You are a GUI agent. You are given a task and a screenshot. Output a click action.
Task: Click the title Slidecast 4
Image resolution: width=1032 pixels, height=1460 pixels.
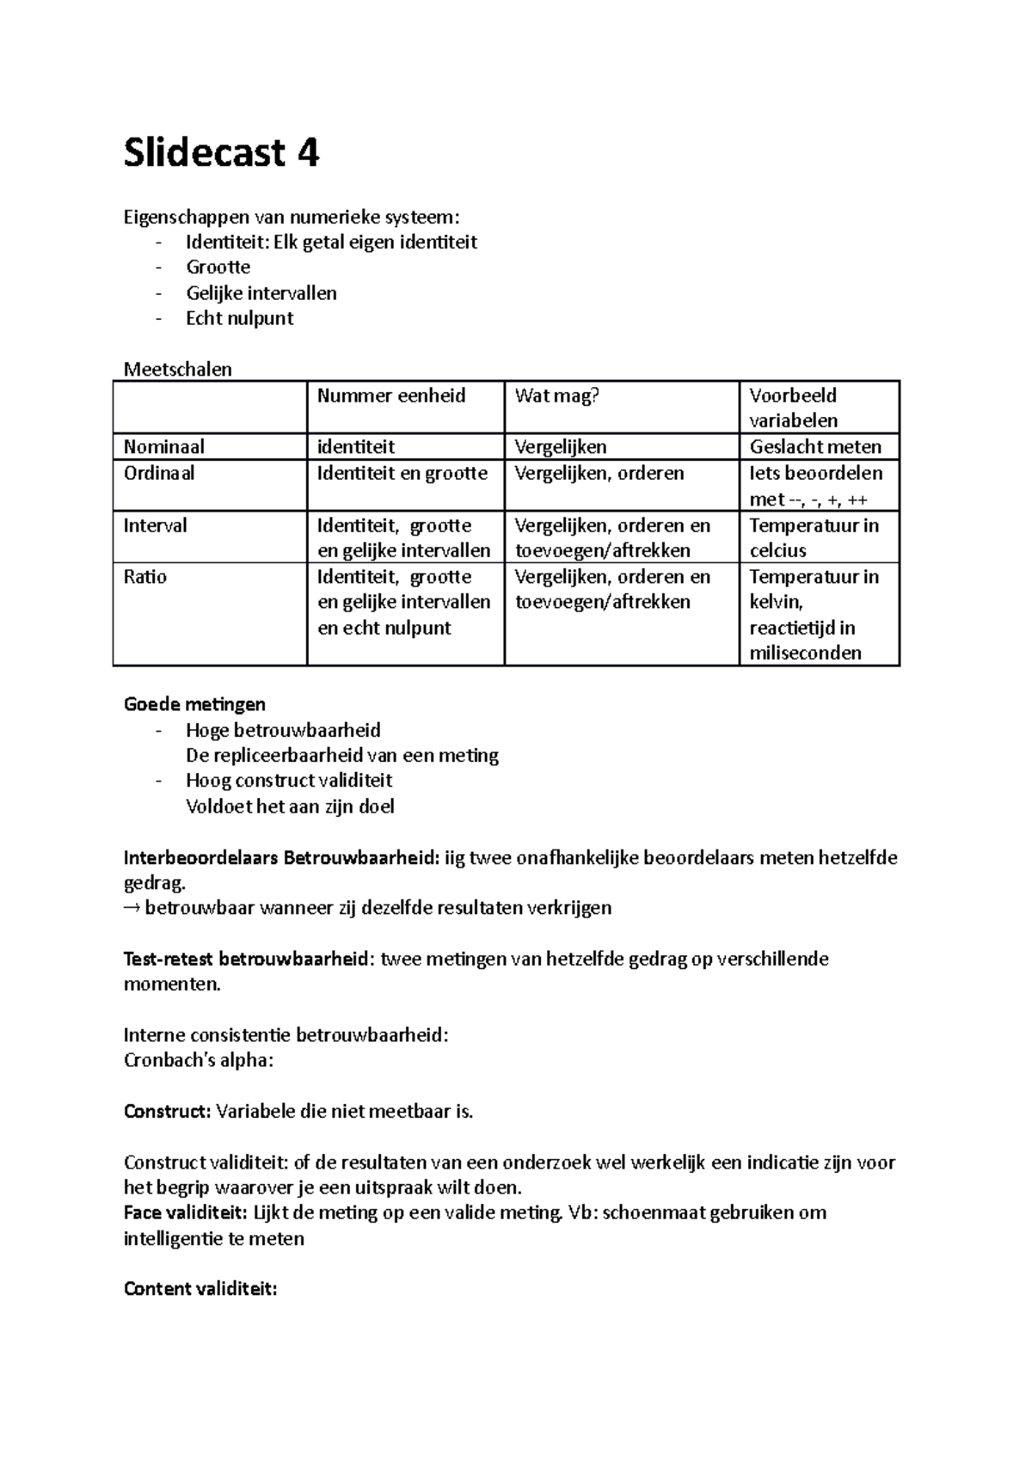click(221, 154)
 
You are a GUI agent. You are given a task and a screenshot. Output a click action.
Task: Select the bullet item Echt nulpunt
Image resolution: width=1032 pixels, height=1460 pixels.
click(239, 318)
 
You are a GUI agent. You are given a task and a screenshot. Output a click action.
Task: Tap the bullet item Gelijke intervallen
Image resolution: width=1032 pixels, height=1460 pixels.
click(261, 293)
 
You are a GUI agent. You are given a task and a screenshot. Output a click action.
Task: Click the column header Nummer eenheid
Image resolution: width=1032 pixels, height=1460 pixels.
click(390, 396)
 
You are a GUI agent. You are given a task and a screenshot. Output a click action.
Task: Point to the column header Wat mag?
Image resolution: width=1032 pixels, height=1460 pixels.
click(556, 396)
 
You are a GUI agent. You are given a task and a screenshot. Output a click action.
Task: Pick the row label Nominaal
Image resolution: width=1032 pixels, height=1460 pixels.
click(163, 446)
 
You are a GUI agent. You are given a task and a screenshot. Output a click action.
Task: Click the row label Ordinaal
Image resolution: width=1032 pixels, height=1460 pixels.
click(159, 473)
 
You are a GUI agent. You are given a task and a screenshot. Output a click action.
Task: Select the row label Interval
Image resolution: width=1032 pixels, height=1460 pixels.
click(155, 525)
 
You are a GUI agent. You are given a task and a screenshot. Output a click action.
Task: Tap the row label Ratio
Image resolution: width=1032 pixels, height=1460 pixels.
click(144, 577)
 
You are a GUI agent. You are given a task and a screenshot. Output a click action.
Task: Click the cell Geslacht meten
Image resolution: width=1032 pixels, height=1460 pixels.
click(814, 446)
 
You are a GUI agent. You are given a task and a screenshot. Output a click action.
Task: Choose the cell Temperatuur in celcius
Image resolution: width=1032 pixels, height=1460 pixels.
click(813, 537)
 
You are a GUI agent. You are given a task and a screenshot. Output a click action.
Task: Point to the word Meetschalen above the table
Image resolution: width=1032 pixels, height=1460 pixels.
click(177, 370)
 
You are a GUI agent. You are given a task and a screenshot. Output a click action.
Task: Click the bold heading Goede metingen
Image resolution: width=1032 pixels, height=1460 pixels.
click(194, 704)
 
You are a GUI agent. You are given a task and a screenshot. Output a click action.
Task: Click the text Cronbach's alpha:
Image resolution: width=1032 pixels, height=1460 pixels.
click(198, 1060)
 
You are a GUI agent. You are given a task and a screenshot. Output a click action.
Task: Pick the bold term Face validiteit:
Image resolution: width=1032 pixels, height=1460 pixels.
click(185, 1213)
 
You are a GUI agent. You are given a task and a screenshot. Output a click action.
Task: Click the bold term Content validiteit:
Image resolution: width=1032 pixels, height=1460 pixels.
click(200, 1289)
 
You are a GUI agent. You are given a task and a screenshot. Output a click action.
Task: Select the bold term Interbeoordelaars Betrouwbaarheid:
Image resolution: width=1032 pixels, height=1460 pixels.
click(281, 857)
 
